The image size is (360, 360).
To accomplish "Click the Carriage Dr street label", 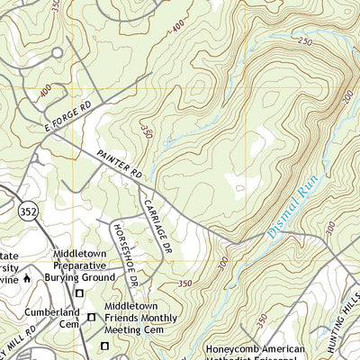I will [x=160, y=225].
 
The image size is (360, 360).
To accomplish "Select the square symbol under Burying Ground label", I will [x=80, y=293].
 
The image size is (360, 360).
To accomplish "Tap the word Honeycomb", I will [x=232, y=349].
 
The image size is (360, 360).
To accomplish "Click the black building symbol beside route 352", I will [x=26, y=278].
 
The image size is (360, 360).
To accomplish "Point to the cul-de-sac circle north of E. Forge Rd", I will [x=57, y=52].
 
